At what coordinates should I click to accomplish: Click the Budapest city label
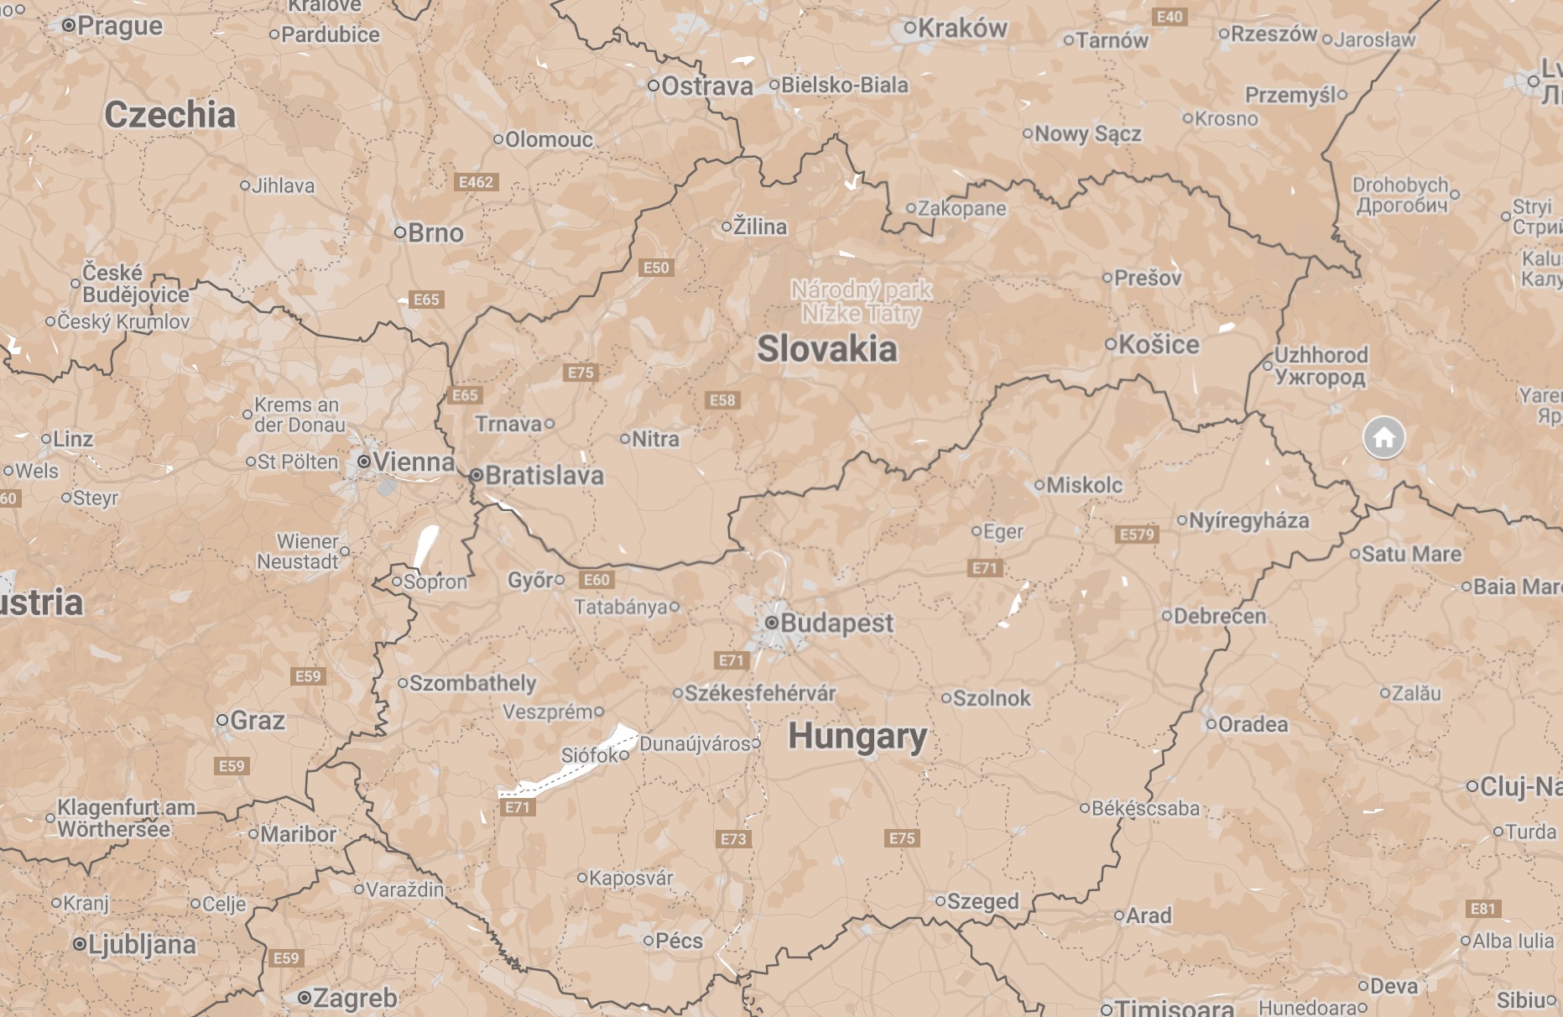[x=836, y=623]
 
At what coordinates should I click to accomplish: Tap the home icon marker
[x=1383, y=437]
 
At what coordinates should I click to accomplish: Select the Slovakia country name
[x=826, y=349]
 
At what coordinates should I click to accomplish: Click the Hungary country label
[x=857, y=737]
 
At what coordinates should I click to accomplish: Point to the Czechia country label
[x=169, y=115]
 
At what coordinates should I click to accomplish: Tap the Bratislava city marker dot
[x=476, y=476]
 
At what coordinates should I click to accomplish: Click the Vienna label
[x=413, y=462]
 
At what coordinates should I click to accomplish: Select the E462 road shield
[x=476, y=182]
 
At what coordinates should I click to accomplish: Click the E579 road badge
[x=1137, y=535]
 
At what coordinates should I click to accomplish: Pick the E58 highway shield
[x=722, y=400]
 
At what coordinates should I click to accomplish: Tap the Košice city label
[x=1159, y=345]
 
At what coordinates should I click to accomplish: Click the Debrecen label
[x=1219, y=617]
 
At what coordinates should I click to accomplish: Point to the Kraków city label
[x=961, y=29]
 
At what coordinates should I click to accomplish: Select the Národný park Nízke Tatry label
[x=862, y=302]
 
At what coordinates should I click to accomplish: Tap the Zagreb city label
[x=354, y=999]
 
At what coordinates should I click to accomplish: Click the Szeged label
[x=982, y=902]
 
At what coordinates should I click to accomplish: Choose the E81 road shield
[x=1482, y=909]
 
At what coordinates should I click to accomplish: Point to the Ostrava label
[x=706, y=86]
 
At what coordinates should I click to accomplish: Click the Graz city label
[x=257, y=721]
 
